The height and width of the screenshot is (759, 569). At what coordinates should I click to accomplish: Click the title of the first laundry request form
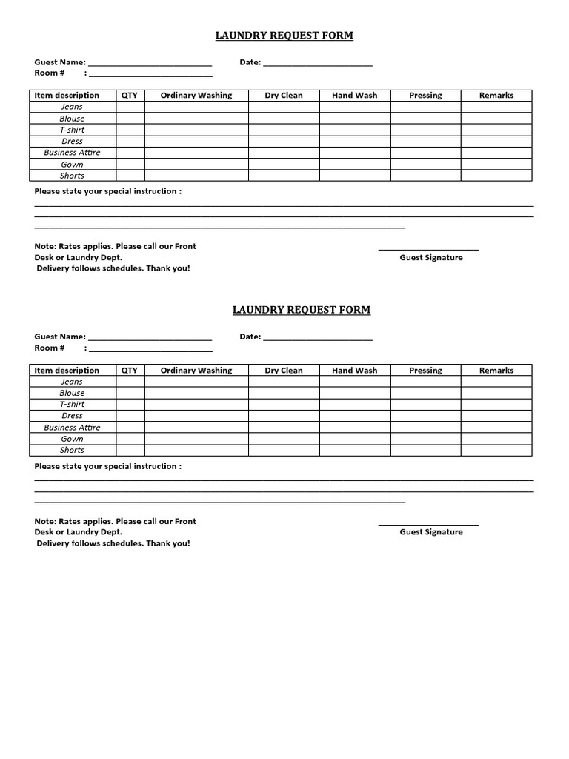pos(284,35)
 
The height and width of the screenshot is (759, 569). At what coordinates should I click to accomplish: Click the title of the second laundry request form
pos(301,310)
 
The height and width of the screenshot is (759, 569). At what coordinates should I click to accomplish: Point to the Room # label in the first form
pos(50,73)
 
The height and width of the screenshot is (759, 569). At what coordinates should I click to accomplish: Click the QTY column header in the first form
pos(130,95)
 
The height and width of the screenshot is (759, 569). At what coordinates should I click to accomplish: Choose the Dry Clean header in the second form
pos(284,370)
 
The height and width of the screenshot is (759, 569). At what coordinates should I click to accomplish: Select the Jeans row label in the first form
pos(72,107)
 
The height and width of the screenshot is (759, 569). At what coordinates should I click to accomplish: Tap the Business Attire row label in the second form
pos(72,427)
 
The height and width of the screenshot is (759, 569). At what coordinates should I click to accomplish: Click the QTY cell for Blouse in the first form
pos(130,118)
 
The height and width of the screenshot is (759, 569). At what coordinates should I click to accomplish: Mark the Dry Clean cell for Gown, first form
pos(284,164)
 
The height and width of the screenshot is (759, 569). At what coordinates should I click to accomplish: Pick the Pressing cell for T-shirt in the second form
pos(425,404)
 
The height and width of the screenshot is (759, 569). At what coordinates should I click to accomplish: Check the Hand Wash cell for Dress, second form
pos(354,416)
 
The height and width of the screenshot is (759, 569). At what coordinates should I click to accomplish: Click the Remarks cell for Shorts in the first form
pos(496,176)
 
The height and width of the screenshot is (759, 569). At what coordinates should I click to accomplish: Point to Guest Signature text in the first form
pos(430,258)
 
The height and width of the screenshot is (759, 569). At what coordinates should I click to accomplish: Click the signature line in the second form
pos(428,524)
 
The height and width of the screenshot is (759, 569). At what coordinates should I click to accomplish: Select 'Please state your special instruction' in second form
pos(107,466)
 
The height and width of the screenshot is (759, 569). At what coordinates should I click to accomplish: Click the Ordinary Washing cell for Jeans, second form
pos(196,382)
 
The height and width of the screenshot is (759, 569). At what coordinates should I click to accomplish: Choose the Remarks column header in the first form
pos(496,95)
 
